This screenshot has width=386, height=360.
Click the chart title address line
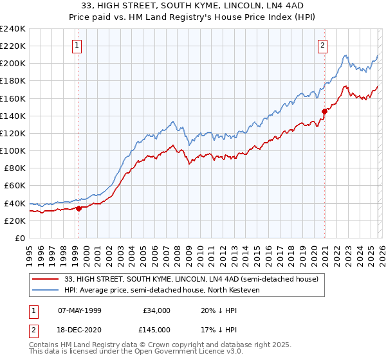pos(193,6)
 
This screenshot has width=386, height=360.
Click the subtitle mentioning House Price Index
pos(193,17)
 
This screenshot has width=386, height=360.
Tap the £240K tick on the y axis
pos(12,29)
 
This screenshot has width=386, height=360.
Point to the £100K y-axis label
pos(12,150)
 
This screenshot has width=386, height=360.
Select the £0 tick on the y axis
pos(19,238)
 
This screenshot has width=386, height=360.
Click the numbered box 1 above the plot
pos(77,46)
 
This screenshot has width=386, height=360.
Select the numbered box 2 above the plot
pos(322,46)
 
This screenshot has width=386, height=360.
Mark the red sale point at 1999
pos(78,208)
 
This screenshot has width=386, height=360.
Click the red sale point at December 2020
pos(324,111)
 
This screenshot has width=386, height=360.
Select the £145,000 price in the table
pos(156,329)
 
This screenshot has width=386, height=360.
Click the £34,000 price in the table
pos(156,310)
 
